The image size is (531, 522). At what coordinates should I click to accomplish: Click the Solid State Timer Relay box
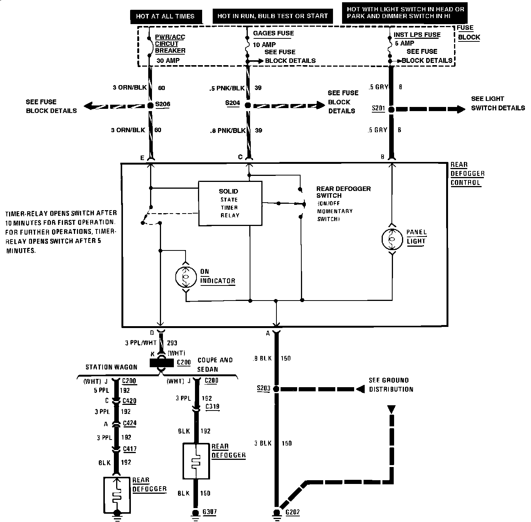(230, 203)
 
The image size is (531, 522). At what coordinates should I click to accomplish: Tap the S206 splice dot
(150, 106)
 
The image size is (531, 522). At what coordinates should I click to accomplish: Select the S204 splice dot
(248, 106)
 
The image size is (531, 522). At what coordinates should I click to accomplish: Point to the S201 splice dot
(391, 110)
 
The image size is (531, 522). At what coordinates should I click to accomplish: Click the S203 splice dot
(276, 389)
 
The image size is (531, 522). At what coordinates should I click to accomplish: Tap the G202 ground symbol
(277, 513)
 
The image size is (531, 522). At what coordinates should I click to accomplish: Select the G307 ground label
(209, 512)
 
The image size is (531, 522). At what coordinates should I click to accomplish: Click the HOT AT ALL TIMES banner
(165, 16)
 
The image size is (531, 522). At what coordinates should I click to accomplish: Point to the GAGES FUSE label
(273, 33)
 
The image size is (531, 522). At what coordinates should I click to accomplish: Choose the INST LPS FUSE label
(417, 35)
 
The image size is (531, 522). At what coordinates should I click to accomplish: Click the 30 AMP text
(168, 60)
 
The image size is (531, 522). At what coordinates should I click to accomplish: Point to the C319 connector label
(212, 407)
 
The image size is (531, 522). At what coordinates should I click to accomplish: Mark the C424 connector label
(130, 423)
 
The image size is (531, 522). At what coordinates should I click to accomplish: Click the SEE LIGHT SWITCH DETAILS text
(498, 103)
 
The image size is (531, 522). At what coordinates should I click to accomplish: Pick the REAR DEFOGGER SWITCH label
(343, 192)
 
